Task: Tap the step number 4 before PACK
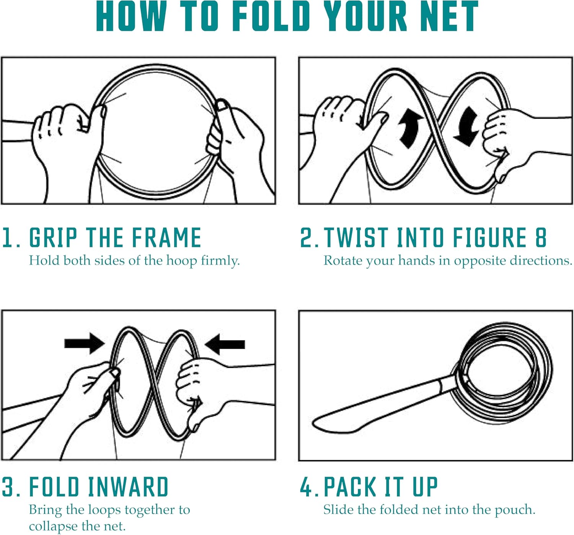307,487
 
